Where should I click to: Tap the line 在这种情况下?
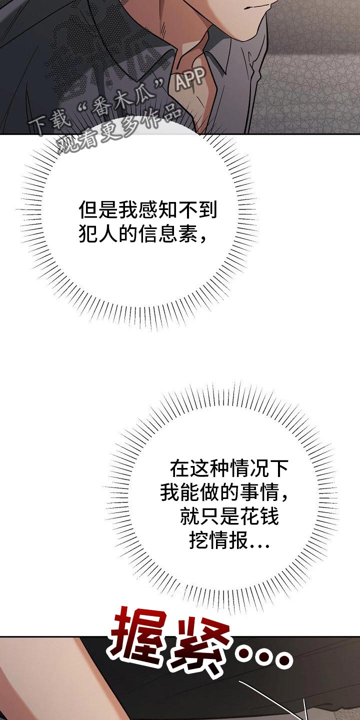(x=229, y=469)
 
